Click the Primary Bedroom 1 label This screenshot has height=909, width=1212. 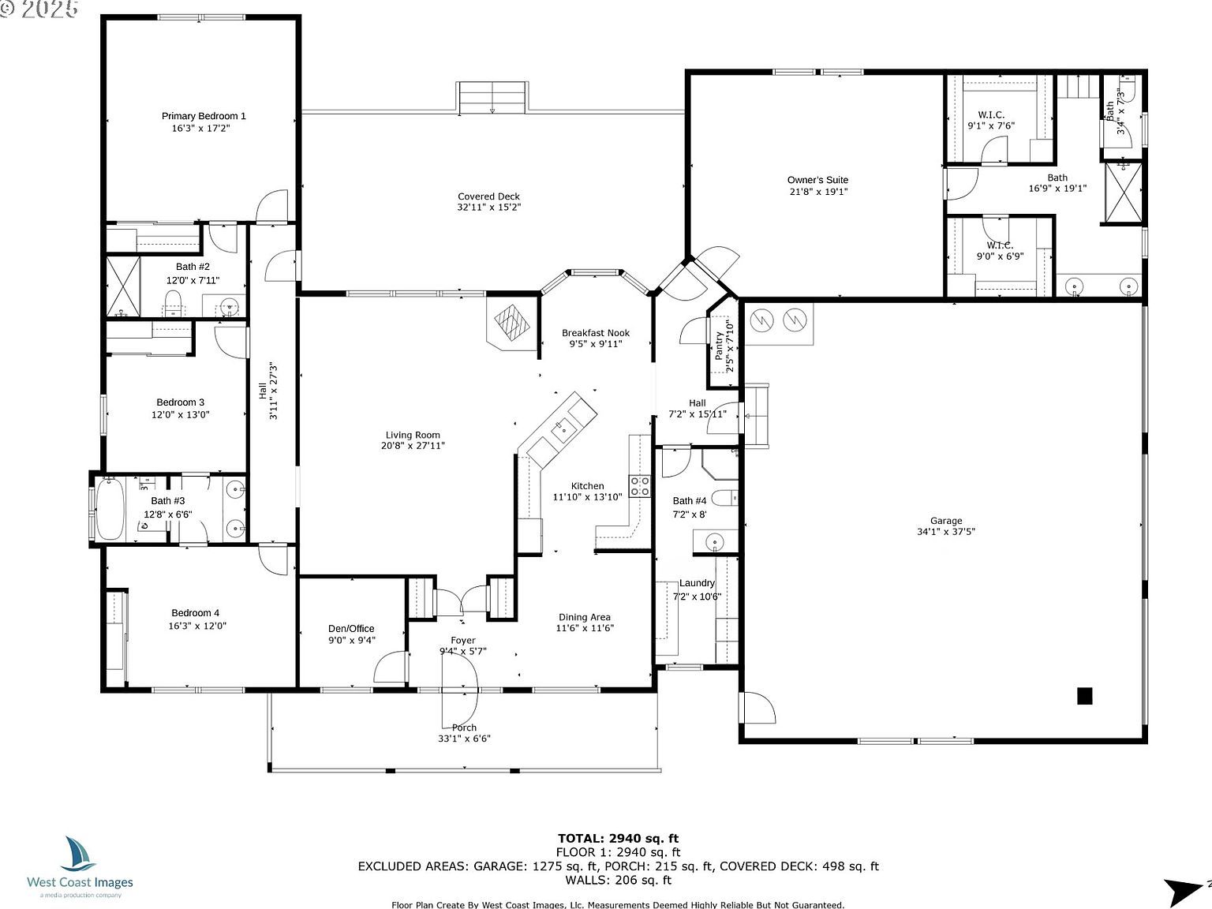point(204,116)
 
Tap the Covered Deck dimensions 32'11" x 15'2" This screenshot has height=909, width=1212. point(488,208)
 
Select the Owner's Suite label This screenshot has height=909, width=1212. point(817,180)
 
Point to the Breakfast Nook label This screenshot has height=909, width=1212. point(596,333)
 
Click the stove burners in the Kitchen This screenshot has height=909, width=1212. point(639,486)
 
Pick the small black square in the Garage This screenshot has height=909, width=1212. point(1085,695)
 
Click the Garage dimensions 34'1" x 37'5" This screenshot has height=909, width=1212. point(945,532)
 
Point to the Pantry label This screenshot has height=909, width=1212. point(720,346)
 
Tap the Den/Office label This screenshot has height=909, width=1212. point(351,629)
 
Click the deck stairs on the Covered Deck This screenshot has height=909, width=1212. point(492,97)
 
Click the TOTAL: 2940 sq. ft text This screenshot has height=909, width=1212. point(618,839)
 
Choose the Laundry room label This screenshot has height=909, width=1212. point(697,583)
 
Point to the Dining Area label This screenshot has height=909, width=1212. point(585,617)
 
